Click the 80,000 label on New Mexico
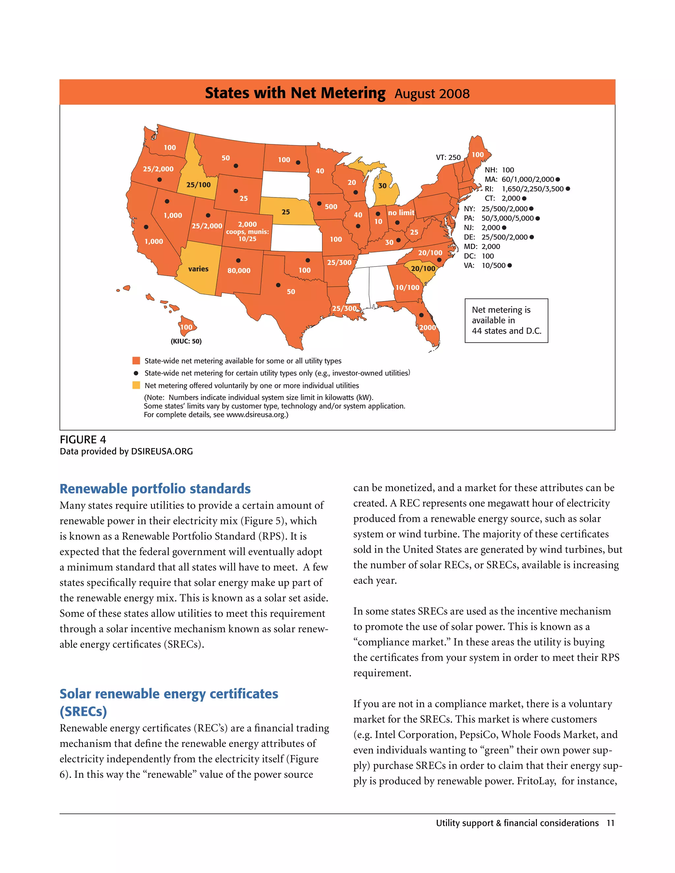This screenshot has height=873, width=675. click(x=239, y=270)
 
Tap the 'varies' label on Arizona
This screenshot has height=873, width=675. click(x=198, y=269)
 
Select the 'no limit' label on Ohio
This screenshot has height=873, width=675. click(x=401, y=213)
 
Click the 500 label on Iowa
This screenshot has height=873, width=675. click(x=331, y=207)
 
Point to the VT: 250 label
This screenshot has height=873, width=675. click(x=448, y=157)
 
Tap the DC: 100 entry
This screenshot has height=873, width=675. click(x=479, y=256)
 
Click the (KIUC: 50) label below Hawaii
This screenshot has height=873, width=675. click(x=186, y=341)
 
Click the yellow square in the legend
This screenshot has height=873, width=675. click(x=136, y=385)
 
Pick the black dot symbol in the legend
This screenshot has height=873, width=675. click(x=136, y=373)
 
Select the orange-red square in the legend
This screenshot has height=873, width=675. click(x=136, y=360)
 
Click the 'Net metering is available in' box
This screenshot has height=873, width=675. click(x=506, y=320)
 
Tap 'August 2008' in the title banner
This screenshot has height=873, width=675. click(x=432, y=94)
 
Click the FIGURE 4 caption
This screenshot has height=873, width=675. click(x=83, y=440)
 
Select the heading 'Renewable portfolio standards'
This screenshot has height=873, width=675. click(x=155, y=489)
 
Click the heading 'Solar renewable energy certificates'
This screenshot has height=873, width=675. click(x=169, y=693)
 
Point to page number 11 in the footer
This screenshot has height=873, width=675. click(x=610, y=823)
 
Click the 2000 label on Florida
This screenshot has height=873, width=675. click(x=427, y=327)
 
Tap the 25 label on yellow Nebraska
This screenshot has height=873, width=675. click(x=285, y=212)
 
